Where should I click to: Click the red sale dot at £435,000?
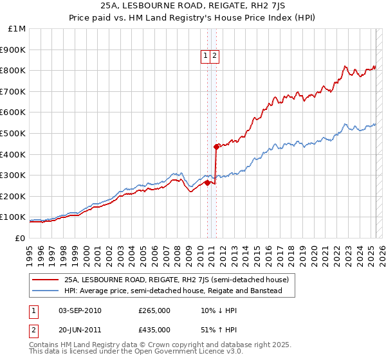(x=216, y=147)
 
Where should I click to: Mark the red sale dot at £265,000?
(x=207, y=183)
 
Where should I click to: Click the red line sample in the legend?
(x=45, y=280)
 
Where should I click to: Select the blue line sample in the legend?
(x=45, y=291)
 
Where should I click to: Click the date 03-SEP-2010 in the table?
(x=80, y=310)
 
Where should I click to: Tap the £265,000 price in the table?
(x=154, y=310)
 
